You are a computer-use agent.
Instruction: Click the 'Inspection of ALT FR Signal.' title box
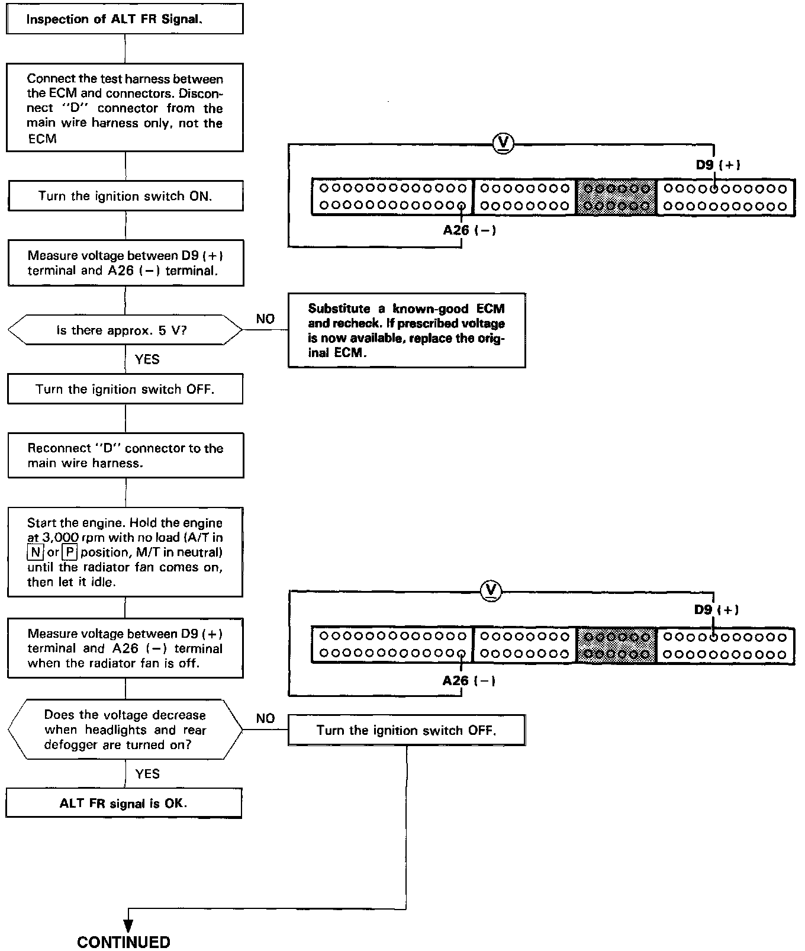coord(124,20)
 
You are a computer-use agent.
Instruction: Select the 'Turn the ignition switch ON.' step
coord(125,196)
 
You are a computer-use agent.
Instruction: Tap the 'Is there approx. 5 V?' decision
coord(125,330)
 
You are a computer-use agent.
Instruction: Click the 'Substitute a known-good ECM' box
coord(407,330)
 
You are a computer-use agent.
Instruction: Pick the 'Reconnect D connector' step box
coord(125,455)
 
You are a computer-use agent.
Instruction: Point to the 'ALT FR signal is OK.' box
coord(124,804)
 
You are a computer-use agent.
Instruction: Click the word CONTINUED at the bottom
coord(124,942)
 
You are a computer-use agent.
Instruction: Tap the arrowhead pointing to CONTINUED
coord(128,925)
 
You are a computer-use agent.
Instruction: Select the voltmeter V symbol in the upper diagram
coord(504,143)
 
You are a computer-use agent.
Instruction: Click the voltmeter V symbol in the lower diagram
coord(492,590)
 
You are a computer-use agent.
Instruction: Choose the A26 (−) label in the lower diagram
coord(469,680)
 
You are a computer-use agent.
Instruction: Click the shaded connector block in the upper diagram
coord(616,197)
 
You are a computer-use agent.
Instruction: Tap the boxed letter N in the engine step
coord(36,552)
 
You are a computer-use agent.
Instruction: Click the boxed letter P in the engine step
coord(69,552)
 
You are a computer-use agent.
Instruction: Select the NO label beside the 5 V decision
coord(265,319)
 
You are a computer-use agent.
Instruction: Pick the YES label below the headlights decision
coord(147,774)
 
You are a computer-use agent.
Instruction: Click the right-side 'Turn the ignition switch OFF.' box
coord(407,730)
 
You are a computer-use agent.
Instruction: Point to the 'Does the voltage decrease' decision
coord(125,730)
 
